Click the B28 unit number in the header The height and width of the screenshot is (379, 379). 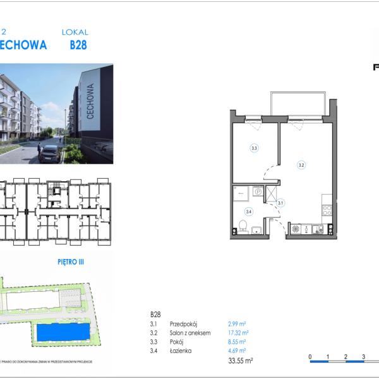(x=78, y=45)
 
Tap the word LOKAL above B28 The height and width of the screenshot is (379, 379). (x=75, y=32)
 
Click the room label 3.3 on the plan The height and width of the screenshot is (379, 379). (x=254, y=148)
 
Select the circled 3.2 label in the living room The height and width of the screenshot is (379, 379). (x=301, y=165)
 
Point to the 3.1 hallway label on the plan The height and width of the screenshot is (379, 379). (x=280, y=203)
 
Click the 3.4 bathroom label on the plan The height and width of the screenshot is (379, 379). (x=248, y=212)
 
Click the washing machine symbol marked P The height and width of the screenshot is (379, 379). (x=258, y=191)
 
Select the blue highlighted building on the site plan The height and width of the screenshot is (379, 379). (x=63, y=332)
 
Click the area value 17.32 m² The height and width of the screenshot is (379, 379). (x=238, y=332)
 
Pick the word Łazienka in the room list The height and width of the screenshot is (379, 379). (x=181, y=350)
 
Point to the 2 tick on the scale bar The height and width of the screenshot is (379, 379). (x=346, y=357)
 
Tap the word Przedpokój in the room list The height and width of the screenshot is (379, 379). (x=184, y=323)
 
